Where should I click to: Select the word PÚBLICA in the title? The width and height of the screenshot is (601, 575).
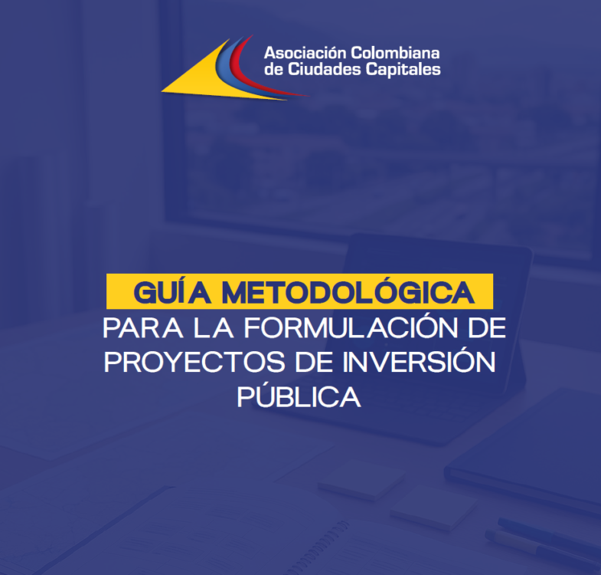point(299,396)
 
